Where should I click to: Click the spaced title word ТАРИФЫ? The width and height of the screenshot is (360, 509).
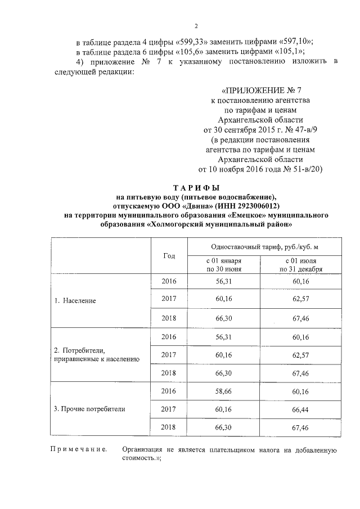[196, 187]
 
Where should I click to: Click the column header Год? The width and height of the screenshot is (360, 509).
[169, 256]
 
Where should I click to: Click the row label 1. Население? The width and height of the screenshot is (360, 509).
[75, 300]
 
